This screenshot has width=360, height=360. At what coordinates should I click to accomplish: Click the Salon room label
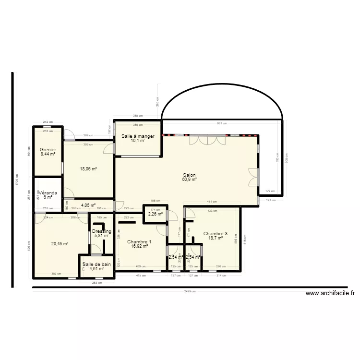click(189, 175)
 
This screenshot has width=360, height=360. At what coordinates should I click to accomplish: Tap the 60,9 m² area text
click(189, 180)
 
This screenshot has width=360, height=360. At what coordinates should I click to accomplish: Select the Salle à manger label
click(138, 136)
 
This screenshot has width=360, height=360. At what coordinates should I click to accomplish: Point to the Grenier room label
click(48, 150)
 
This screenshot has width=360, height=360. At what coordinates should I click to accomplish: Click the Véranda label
click(48, 193)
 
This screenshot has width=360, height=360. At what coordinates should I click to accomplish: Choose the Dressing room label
click(101, 231)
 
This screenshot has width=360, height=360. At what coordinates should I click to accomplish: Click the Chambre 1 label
click(139, 241)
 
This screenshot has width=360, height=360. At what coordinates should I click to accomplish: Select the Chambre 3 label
click(216, 233)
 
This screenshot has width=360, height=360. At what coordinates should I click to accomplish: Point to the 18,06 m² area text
click(88, 169)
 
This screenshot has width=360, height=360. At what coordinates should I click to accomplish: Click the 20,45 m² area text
click(60, 243)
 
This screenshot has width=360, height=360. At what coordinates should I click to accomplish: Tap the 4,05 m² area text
click(88, 205)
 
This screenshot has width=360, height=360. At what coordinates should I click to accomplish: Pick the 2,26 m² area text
click(156, 215)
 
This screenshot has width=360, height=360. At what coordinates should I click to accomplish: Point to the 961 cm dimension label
click(221, 123)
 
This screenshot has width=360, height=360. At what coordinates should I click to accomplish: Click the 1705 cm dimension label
click(17, 180)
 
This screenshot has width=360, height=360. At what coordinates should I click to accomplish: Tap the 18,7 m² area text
click(216, 238)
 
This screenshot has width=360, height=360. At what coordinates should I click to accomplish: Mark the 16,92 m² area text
click(139, 246)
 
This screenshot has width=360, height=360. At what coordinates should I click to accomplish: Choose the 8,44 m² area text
click(48, 155)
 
